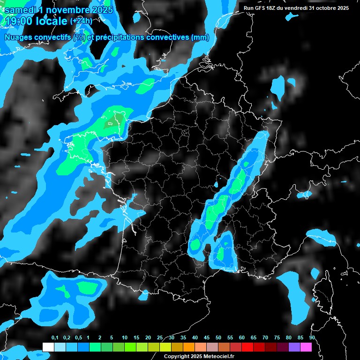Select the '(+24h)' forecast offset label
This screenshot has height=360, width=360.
coord(81,21)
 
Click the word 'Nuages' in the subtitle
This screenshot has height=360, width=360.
coord(19,37)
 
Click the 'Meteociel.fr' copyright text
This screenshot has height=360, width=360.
coord(219,357)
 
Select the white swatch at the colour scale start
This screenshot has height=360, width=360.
coord(48,347)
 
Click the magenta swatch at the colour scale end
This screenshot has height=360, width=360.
coord(306,347)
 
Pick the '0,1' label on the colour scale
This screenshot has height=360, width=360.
coord(55,338)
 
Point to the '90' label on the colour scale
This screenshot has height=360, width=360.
coord(312,338)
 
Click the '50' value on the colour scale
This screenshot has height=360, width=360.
coord(218,338)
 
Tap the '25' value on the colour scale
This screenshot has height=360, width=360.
coord(160,338)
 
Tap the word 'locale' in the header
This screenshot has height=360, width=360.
coord(53,21)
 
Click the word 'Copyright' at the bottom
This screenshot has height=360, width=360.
coord(177,357)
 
